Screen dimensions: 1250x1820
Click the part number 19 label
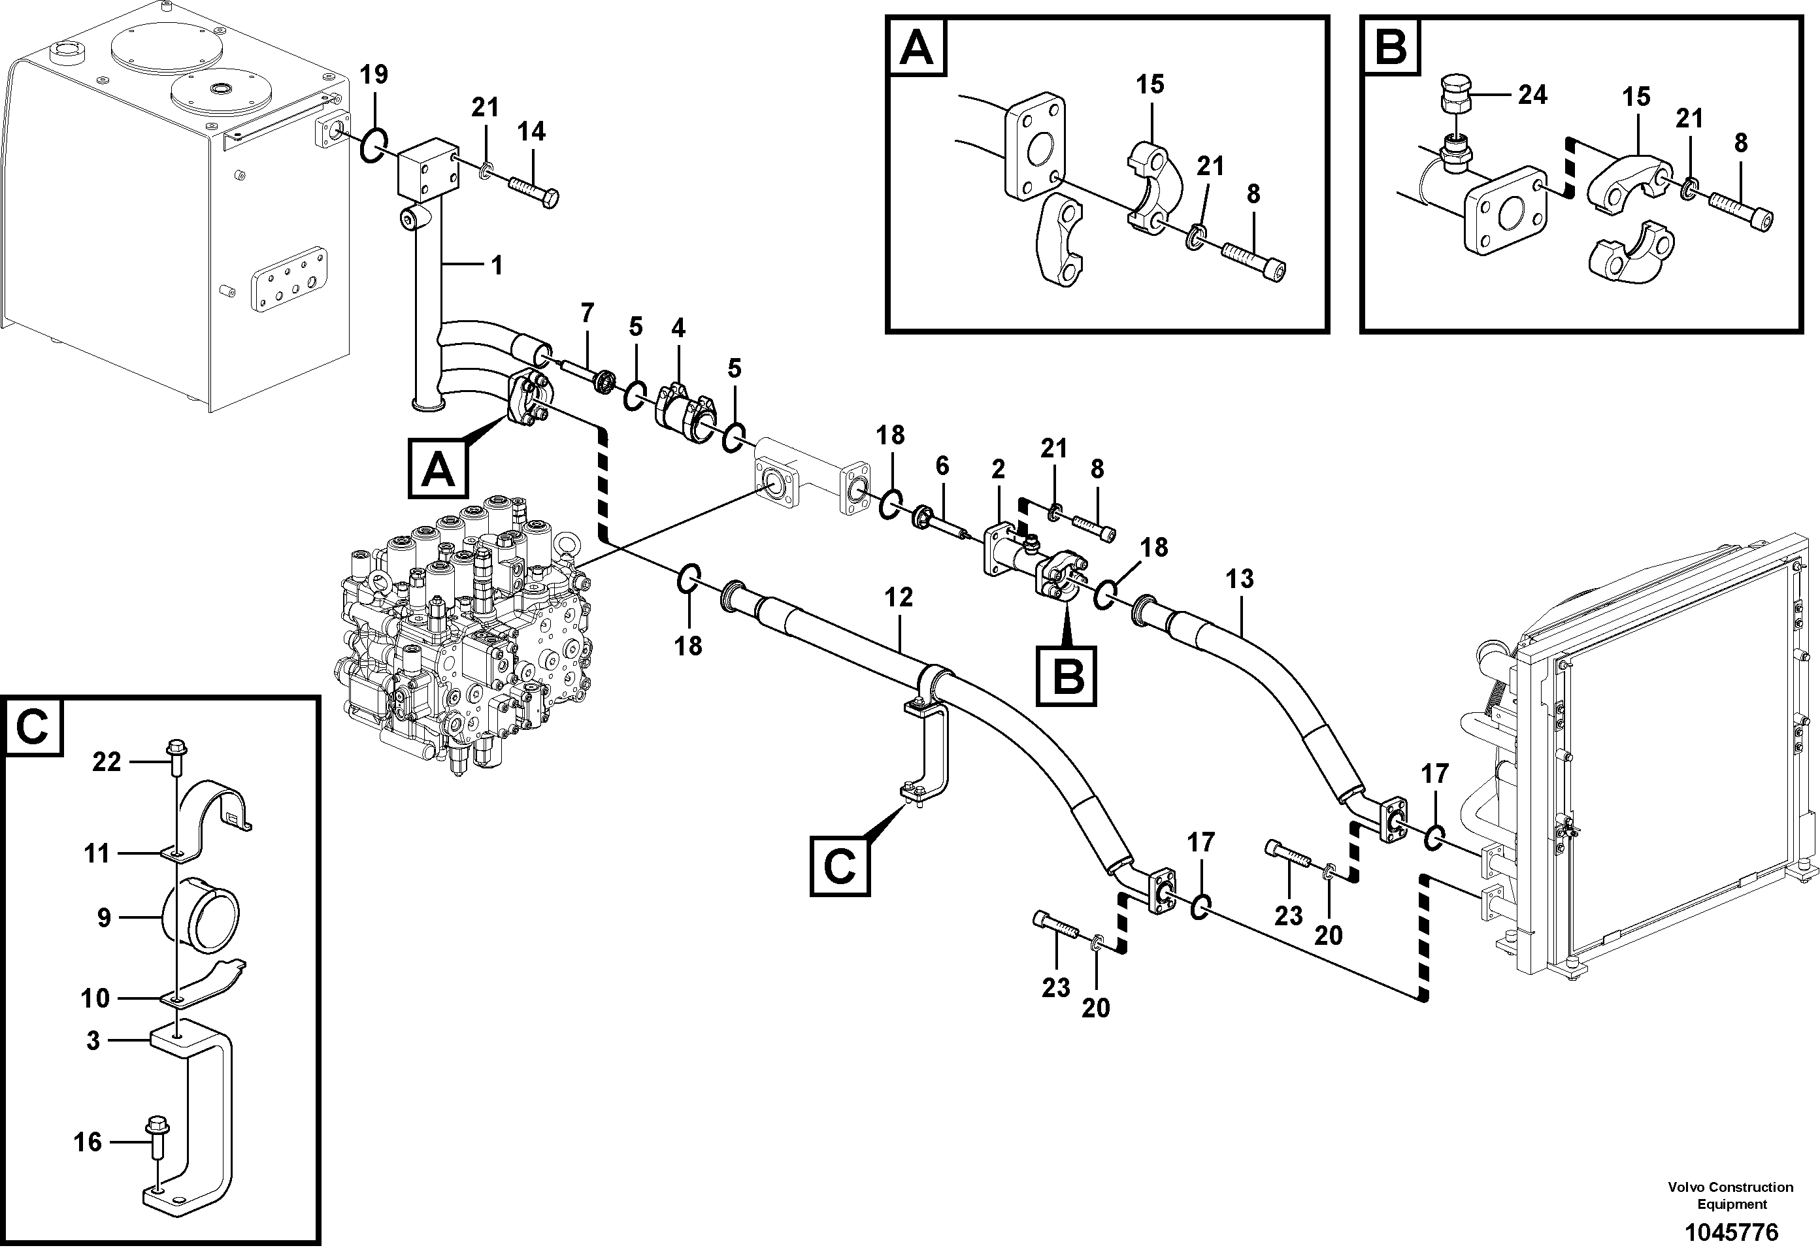point(374,75)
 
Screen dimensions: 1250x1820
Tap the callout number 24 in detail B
point(1532,95)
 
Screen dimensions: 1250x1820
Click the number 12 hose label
point(899,598)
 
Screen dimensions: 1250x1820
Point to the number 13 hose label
point(1240,580)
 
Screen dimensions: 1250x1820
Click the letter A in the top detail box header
point(916,48)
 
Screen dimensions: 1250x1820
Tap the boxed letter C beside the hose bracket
point(840,866)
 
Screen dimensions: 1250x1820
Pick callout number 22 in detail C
point(107,761)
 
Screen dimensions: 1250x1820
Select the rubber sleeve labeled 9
point(201,917)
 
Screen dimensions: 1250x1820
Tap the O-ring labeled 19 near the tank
point(374,146)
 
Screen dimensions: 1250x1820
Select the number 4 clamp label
point(678,328)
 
